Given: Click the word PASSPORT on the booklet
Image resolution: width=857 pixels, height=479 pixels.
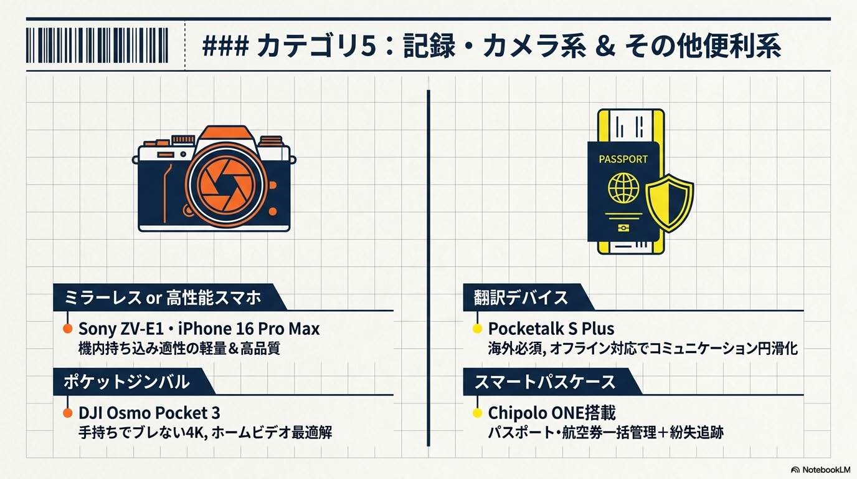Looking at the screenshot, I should click(x=623, y=159).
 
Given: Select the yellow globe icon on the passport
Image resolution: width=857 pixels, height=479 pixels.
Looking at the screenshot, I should click(x=623, y=188).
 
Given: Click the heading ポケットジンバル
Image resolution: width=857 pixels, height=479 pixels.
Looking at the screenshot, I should click(x=126, y=382).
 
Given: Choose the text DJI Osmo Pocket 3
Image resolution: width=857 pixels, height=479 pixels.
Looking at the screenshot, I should click(x=149, y=413).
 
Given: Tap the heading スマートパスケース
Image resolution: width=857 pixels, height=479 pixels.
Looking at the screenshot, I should click(x=544, y=382).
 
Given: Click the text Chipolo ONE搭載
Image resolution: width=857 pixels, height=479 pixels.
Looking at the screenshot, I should click(x=552, y=413).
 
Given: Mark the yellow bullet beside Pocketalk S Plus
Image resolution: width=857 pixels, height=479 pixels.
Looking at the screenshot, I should click(x=477, y=329).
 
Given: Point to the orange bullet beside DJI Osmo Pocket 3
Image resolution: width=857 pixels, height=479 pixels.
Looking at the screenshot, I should click(x=67, y=413).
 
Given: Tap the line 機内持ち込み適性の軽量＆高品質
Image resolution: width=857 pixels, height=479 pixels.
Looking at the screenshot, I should click(x=179, y=348).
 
